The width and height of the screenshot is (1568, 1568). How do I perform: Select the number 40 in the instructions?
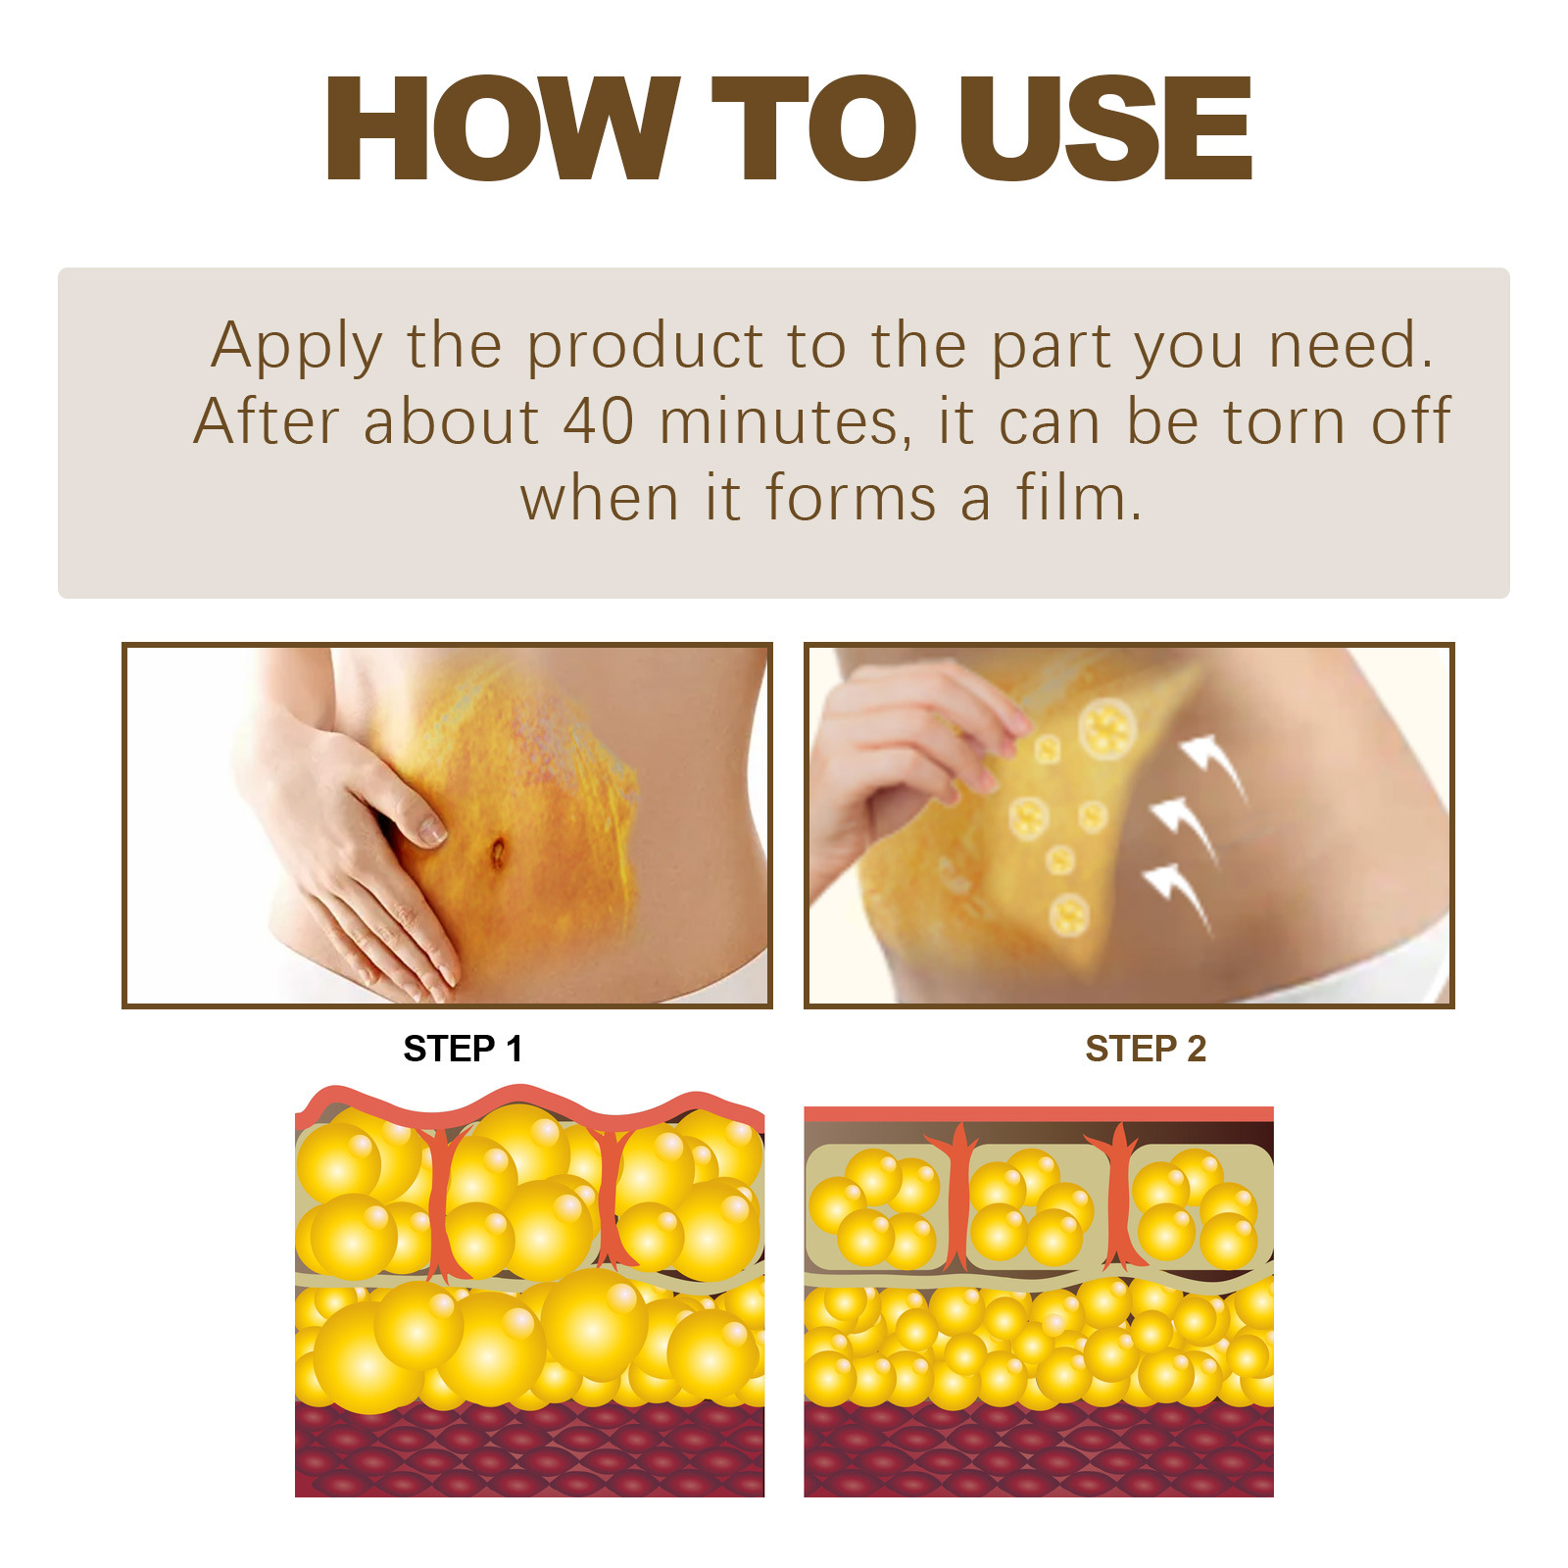coord(598,422)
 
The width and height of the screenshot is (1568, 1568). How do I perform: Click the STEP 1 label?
coord(463,1050)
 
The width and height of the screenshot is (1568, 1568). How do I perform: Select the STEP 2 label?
coord(1145,1050)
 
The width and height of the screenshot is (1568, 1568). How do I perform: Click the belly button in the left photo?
coord(497,853)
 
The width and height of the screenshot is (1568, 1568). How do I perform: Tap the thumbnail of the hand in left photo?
coord(431,831)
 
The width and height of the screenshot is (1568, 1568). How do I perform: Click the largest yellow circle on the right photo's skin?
coord(1106,728)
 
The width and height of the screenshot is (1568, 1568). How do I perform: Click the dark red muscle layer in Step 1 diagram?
coord(529,1450)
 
